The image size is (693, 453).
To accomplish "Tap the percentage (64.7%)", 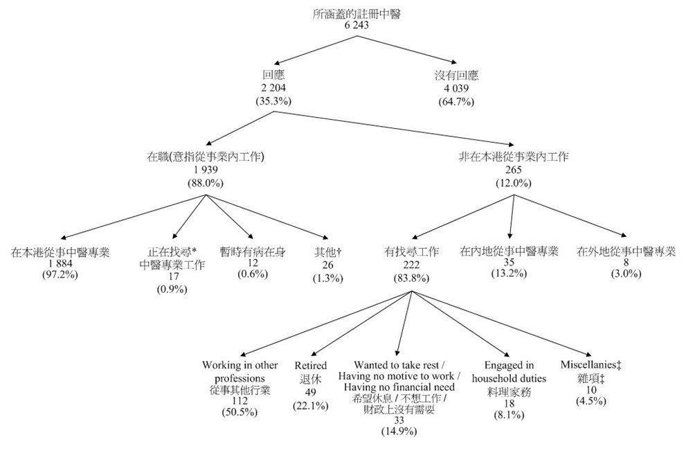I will pos(456,101).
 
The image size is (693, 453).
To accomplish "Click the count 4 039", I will pos(456,89).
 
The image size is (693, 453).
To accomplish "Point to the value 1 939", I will pos(206,170).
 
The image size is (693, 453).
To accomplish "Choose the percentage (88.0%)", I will pos(206,183).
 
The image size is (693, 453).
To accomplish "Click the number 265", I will pos(512,170).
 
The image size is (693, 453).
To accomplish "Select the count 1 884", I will pos(61,264).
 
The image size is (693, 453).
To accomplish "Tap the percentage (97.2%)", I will pos(61,276).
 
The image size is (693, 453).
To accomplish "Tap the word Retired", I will pos(311,365).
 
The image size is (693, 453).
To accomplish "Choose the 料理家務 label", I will pos(509,391).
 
